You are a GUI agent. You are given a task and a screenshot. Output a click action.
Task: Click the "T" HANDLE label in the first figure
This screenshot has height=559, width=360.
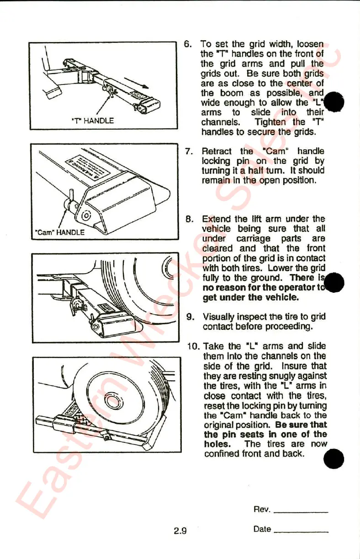click(x=93, y=121)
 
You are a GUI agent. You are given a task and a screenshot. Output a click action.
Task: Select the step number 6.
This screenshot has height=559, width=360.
click(x=187, y=44)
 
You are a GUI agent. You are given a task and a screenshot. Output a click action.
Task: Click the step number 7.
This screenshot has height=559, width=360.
click(x=189, y=151)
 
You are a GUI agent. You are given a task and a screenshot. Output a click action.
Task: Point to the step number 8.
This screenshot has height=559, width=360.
click(x=189, y=219)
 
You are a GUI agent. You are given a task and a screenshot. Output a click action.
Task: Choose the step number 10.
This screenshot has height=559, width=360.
click(x=192, y=346)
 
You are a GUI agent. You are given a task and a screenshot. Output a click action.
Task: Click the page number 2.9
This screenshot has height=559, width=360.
click(x=180, y=531)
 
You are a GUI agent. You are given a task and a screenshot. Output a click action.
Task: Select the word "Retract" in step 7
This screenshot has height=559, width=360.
click(x=217, y=151)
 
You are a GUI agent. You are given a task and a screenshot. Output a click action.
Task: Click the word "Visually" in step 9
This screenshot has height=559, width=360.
click(x=219, y=316)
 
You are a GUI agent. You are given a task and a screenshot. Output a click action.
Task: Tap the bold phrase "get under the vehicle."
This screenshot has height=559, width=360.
click(x=251, y=298)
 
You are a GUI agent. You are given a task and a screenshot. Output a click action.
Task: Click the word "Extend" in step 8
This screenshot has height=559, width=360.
click(x=217, y=219)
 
